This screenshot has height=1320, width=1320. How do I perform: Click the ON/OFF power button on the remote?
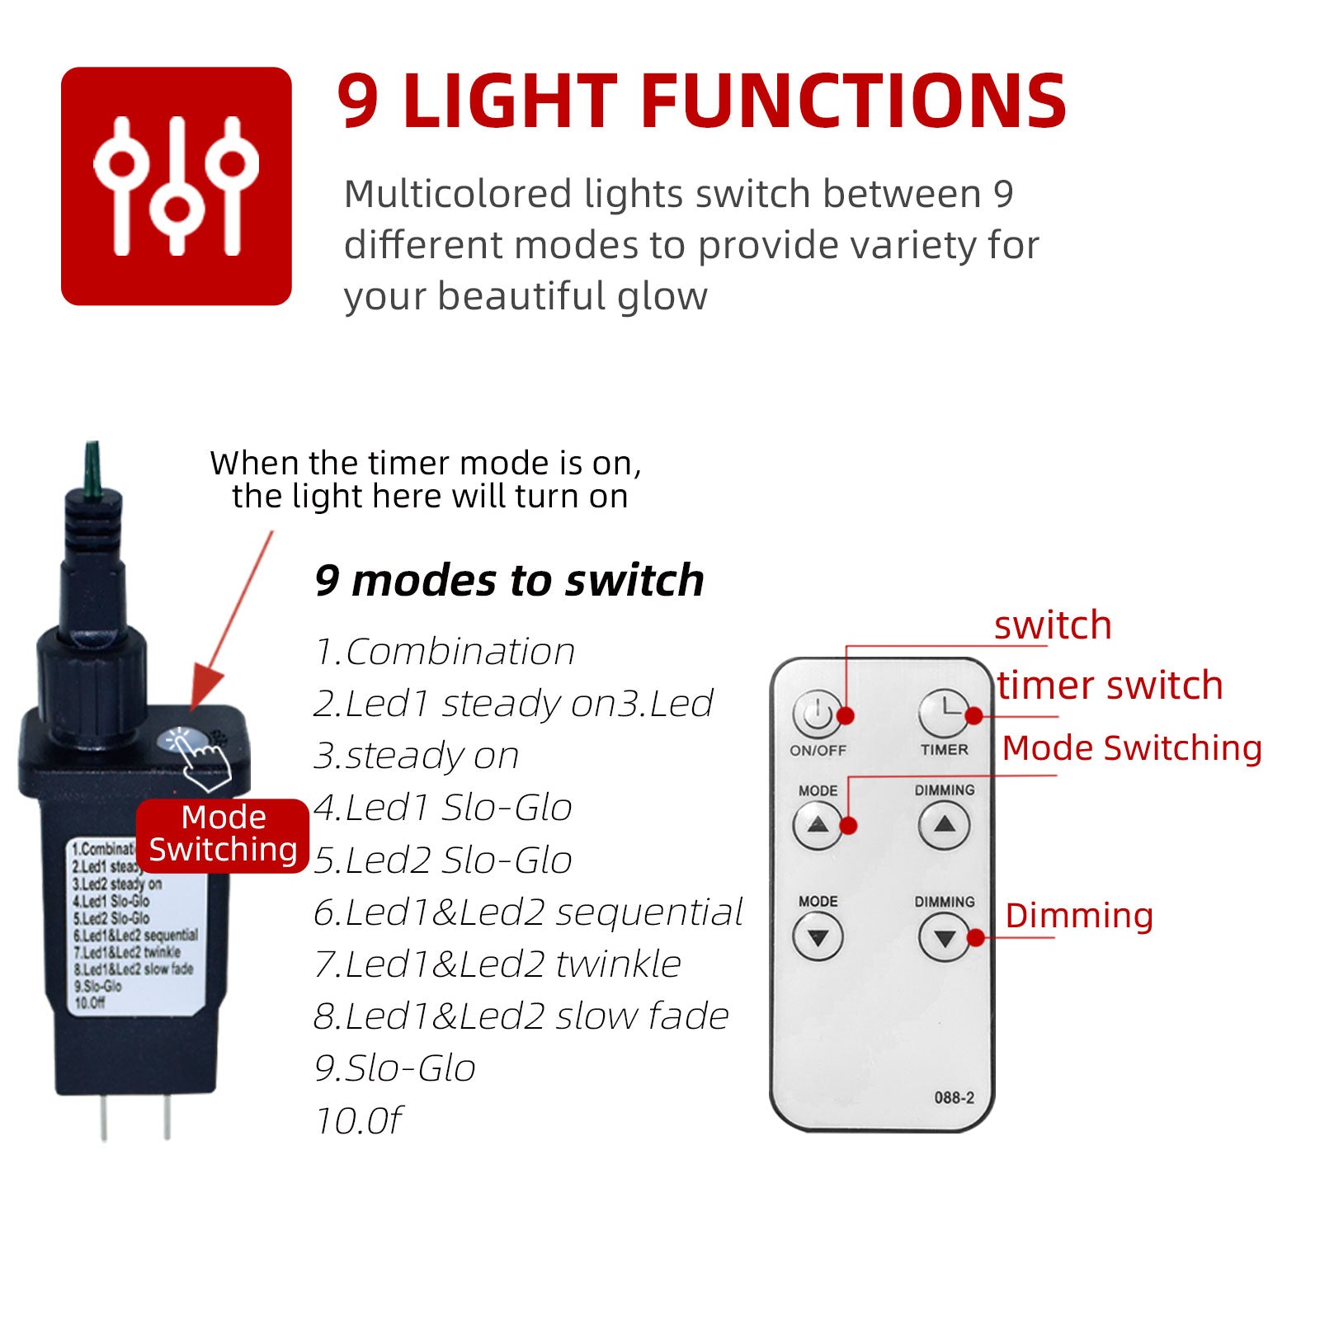click(817, 714)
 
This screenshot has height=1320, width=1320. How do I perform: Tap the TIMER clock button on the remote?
click(944, 714)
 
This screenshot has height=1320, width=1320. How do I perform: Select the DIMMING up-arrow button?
click(944, 825)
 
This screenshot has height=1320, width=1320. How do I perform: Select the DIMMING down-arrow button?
click(944, 937)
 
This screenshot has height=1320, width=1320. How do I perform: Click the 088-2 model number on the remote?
click(954, 1097)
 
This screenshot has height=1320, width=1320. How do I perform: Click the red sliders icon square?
click(177, 186)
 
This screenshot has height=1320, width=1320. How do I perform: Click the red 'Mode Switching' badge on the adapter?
click(223, 834)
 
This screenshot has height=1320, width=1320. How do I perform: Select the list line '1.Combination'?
click(445, 652)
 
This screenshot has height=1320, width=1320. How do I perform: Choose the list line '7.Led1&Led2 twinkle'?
click(497, 964)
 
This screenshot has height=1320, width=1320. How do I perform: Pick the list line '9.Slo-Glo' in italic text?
click(395, 1068)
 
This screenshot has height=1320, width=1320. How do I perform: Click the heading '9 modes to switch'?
click(509, 580)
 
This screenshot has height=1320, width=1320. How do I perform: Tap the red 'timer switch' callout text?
click(1110, 686)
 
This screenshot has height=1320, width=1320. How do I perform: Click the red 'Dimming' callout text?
click(1079, 916)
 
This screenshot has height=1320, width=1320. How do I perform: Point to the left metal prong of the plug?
click(103, 1117)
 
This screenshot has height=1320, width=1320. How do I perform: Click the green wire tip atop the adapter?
click(92, 470)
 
